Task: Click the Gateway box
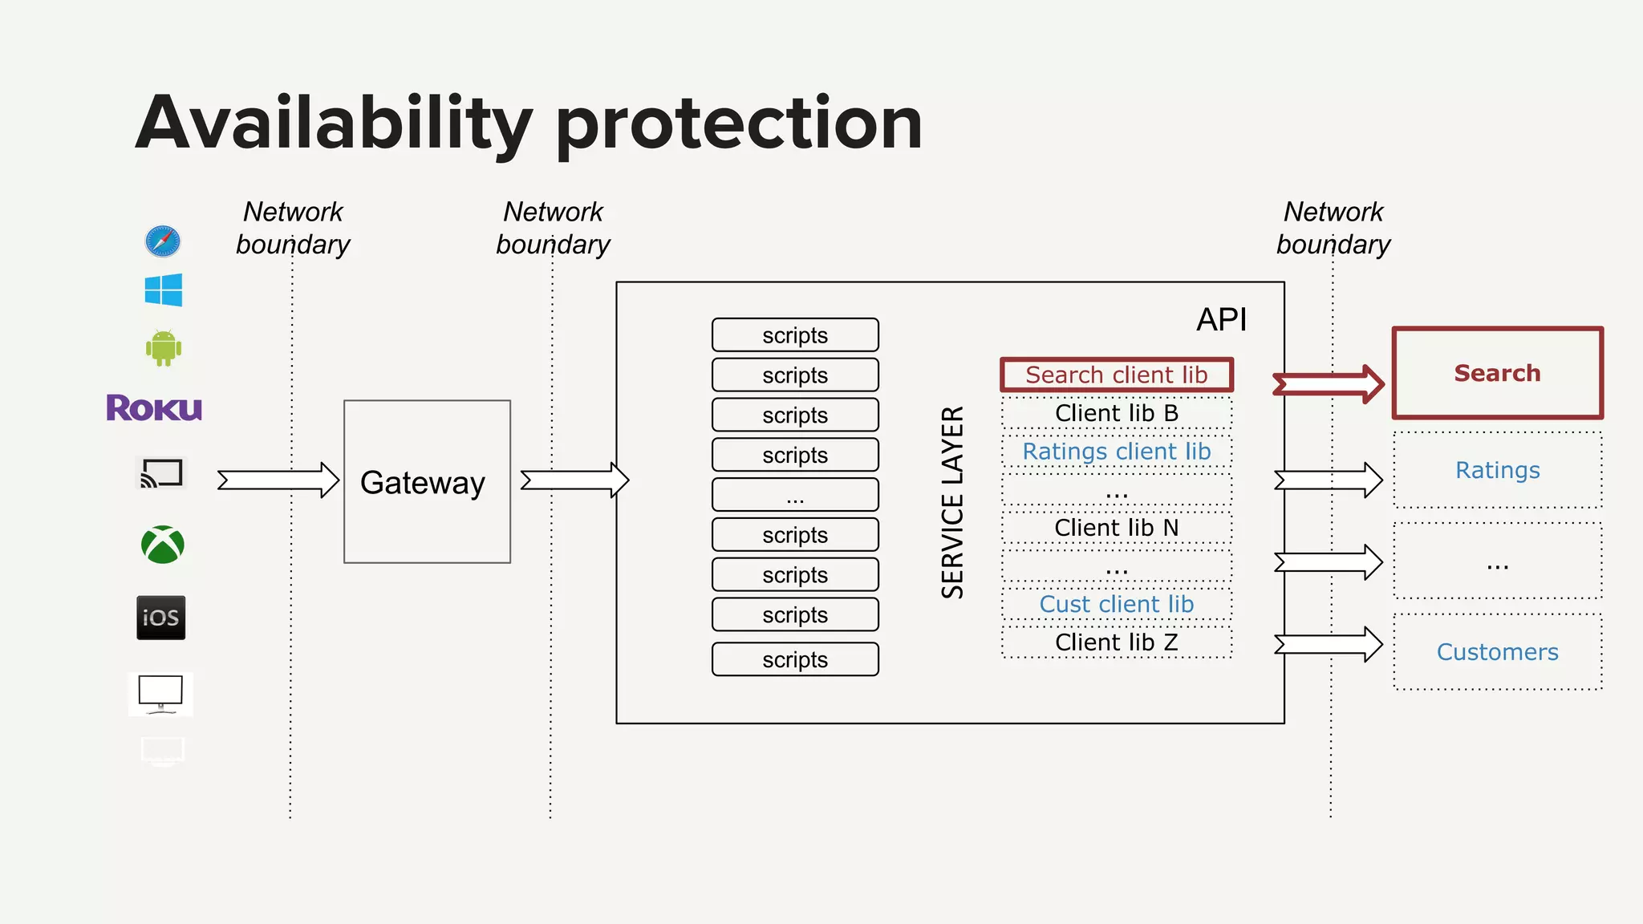[427, 481]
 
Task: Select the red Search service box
[1497, 373]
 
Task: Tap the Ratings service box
[1497, 470]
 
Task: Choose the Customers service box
[1497, 651]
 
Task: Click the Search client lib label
[1116, 375]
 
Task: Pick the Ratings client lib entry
[1116, 452]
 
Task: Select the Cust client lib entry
[1116, 604]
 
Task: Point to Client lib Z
[1116, 642]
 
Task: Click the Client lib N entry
[1116, 528]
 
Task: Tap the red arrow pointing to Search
[1329, 384]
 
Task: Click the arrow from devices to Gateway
[278, 480]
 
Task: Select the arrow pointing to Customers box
[1329, 644]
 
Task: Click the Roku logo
[154, 408]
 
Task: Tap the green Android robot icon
[164, 348]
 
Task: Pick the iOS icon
[161, 618]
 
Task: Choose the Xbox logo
[163, 545]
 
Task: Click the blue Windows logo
[164, 290]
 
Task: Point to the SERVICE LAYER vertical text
[952, 502]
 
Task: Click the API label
[1221, 319]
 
